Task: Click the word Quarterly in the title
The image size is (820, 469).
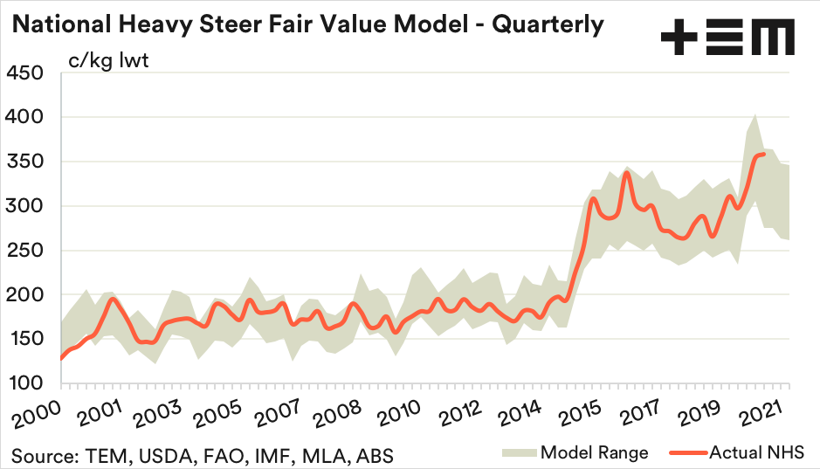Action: click(548, 24)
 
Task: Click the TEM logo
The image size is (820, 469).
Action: click(727, 38)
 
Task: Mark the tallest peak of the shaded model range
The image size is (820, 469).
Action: click(755, 114)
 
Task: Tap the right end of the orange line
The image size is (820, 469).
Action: click(765, 155)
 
